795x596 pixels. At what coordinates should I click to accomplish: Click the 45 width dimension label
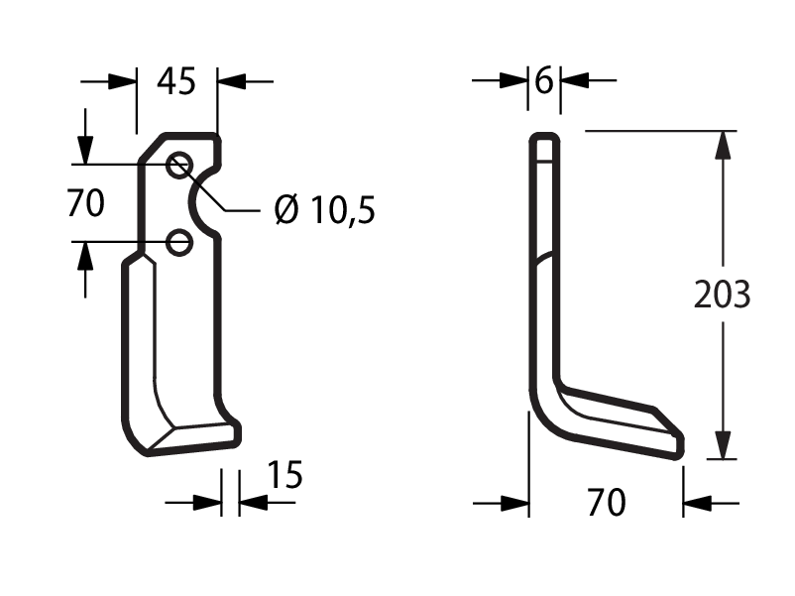click(175, 81)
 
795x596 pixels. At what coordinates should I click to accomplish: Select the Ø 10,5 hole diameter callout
click(324, 209)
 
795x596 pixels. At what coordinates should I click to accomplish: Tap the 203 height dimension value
click(722, 295)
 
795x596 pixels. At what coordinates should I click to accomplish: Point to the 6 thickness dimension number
click(544, 80)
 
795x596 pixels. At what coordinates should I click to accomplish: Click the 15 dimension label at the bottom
click(284, 475)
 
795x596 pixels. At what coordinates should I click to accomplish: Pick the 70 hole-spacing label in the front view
click(85, 203)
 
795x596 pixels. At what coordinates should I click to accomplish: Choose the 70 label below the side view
click(607, 502)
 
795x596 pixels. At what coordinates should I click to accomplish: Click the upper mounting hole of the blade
click(179, 165)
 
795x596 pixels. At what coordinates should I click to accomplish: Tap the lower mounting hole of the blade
click(179, 242)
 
